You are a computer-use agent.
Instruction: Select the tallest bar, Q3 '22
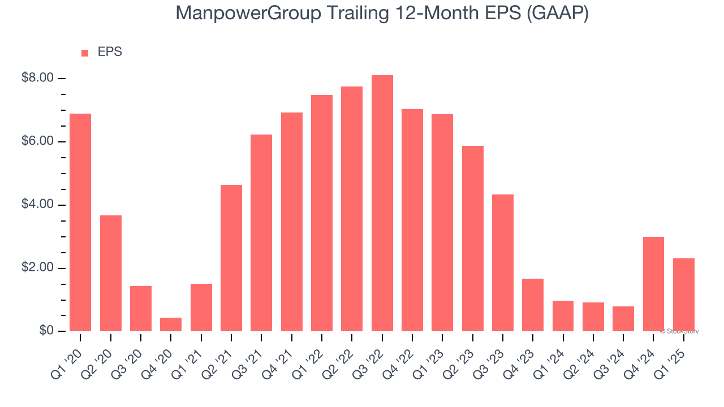[382, 203]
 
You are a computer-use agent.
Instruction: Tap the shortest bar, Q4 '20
[171, 324]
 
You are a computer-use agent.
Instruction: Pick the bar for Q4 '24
[653, 284]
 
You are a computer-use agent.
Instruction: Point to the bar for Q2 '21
[231, 258]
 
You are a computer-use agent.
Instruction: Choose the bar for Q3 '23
[503, 263]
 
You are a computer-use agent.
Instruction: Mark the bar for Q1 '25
[684, 295]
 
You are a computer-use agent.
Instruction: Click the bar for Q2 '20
[111, 273]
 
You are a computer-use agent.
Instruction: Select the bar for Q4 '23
[533, 305]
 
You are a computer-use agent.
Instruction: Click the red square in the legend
[85, 53]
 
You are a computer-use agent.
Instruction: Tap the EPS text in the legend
[110, 52]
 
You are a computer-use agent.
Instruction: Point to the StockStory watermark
[679, 331]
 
